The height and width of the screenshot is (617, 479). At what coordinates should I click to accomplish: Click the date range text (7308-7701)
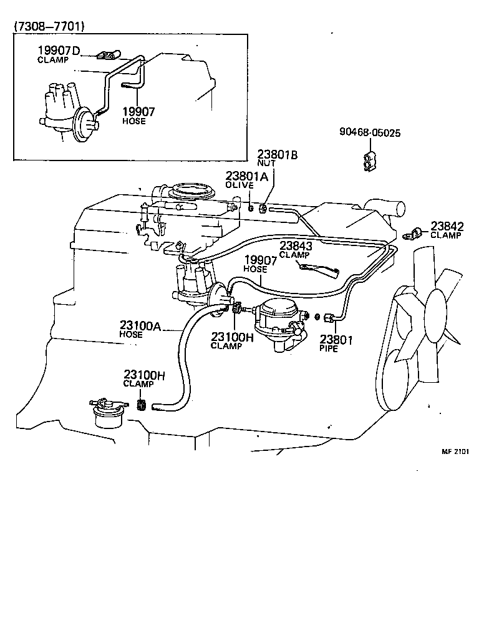pyautogui.click(x=49, y=26)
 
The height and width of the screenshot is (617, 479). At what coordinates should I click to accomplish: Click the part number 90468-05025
pyautogui.click(x=370, y=133)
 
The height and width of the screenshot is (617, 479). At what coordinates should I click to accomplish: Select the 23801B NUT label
pyautogui.click(x=278, y=157)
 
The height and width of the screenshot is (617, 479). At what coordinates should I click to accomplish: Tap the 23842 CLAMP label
pyautogui.click(x=446, y=230)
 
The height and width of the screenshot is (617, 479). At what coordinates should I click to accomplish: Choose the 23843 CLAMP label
pyautogui.click(x=295, y=250)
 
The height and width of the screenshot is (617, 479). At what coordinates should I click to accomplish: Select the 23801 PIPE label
pyautogui.click(x=337, y=343)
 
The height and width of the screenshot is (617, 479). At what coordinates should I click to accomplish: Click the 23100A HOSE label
pyautogui.click(x=140, y=328)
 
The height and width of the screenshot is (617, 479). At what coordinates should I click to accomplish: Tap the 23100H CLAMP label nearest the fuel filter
pyautogui.click(x=143, y=378)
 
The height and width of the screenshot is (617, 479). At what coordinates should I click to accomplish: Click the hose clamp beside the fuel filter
pyautogui.click(x=142, y=405)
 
